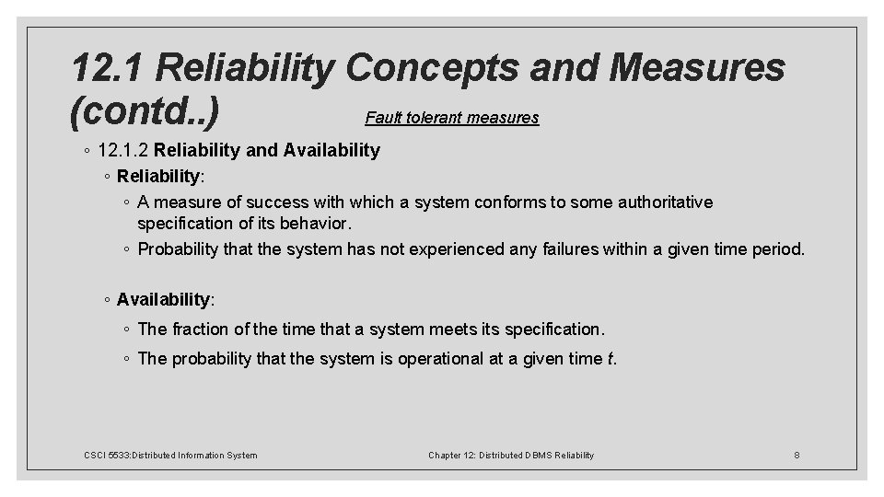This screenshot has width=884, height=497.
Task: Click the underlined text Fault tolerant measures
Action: pyautogui.click(x=451, y=118)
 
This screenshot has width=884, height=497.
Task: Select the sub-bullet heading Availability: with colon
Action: pyautogui.click(x=166, y=299)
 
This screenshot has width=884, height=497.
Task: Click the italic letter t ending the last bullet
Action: pyautogui.click(x=612, y=359)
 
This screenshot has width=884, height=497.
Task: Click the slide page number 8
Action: pyautogui.click(x=797, y=455)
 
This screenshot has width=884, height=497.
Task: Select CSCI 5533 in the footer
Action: pyautogui.click(x=106, y=455)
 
